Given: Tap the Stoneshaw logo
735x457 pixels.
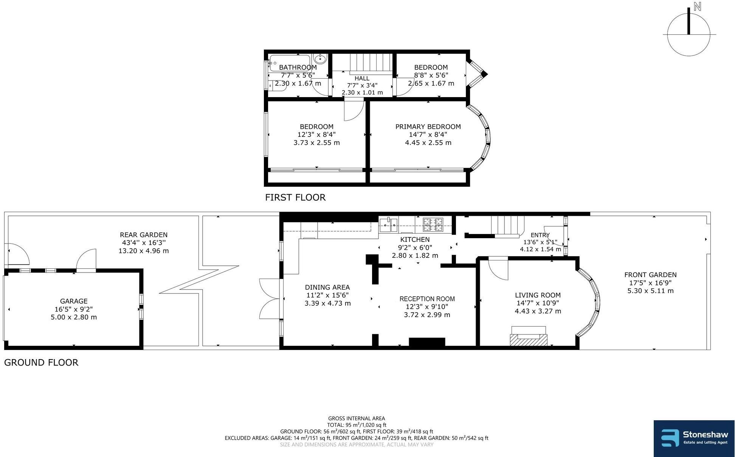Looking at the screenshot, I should click(x=694, y=438).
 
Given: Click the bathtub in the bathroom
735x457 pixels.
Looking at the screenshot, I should click(x=290, y=63).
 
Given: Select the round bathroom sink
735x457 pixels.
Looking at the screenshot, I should click(x=320, y=59).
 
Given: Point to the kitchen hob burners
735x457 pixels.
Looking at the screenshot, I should click(x=433, y=225).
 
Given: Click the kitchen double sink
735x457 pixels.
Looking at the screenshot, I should click(x=388, y=225).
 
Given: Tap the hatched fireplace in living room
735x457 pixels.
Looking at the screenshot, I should click(x=528, y=339).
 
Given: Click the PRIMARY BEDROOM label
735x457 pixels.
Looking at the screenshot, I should click(x=428, y=127).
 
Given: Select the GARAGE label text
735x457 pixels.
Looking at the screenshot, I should click(x=74, y=301).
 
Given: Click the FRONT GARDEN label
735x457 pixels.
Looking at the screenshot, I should click(x=650, y=275).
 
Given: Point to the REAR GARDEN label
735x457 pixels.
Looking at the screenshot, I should click(x=144, y=235).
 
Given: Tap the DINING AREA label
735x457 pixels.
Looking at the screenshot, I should click(x=327, y=287).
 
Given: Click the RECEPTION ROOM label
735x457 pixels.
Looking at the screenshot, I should click(x=427, y=299).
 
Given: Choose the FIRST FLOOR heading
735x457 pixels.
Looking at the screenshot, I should click(x=295, y=197).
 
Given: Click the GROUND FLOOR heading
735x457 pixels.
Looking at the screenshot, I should click(x=41, y=362).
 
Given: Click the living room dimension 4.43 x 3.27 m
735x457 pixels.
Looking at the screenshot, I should click(x=538, y=311).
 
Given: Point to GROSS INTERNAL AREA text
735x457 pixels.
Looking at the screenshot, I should click(x=356, y=418).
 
